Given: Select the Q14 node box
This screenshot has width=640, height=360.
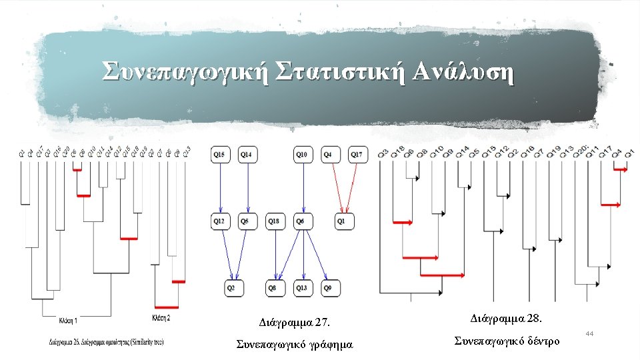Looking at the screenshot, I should [x=248, y=155].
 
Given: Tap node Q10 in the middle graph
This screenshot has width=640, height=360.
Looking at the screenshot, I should [x=303, y=155].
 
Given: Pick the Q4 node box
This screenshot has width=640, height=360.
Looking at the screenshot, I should [x=330, y=155].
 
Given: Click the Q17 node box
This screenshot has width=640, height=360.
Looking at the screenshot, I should [x=357, y=155].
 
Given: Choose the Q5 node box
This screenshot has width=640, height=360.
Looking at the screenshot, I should [x=248, y=221].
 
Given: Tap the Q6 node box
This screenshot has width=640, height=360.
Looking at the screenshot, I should [x=303, y=221].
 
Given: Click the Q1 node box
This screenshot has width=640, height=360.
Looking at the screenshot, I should [x=344, y=221].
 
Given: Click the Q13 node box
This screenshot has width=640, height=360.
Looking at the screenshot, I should [x=303, y=288].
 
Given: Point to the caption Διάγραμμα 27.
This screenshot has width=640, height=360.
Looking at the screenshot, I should [x=294, y=323].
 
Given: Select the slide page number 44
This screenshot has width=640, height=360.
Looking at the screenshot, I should [x=589, y=332].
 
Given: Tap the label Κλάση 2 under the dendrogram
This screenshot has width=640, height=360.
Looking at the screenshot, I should [x=161, y=318].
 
